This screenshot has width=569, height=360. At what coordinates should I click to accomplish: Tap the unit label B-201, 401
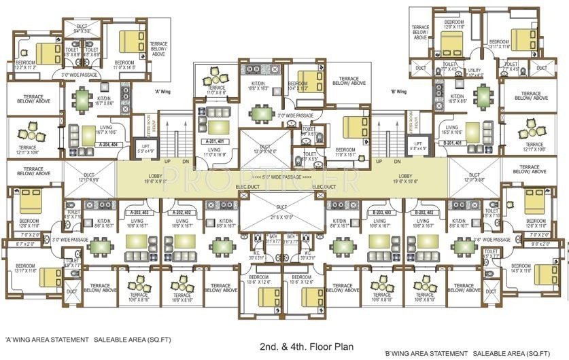452,143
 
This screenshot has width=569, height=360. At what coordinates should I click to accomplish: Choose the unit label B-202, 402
425,212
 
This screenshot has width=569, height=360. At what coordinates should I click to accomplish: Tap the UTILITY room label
475,71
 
